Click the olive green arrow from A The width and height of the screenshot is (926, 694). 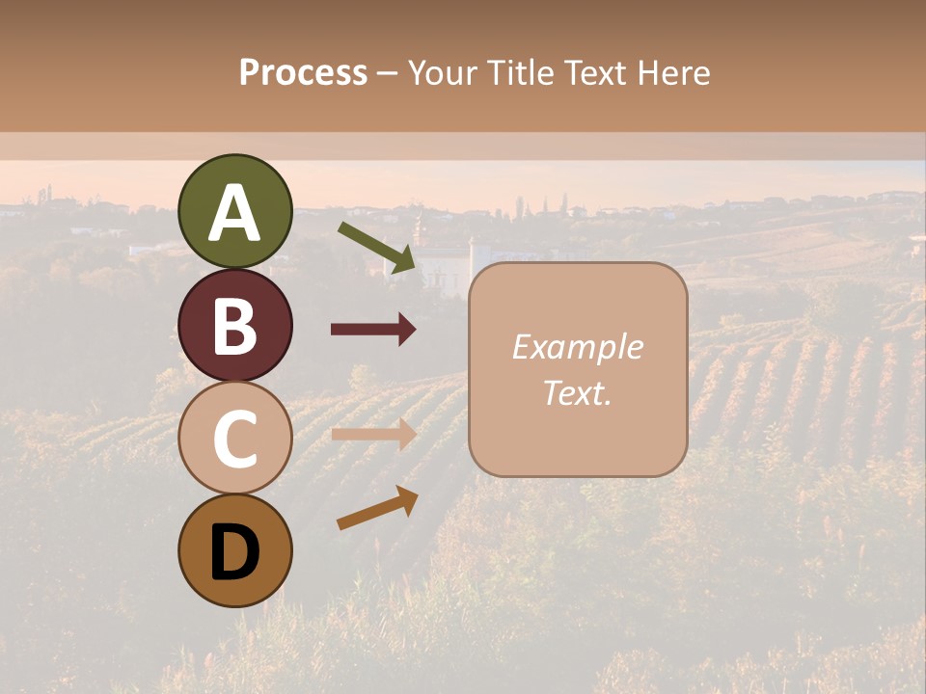[377, 246]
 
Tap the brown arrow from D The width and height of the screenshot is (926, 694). [377, 508]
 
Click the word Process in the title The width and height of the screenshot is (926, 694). [303, 73]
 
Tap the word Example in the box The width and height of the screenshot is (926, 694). [577, 347]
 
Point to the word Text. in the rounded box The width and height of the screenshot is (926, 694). [577, 393]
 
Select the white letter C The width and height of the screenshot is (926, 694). [234, 440]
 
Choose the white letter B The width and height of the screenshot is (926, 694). [234, 326]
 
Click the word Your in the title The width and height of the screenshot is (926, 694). [440, 73]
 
